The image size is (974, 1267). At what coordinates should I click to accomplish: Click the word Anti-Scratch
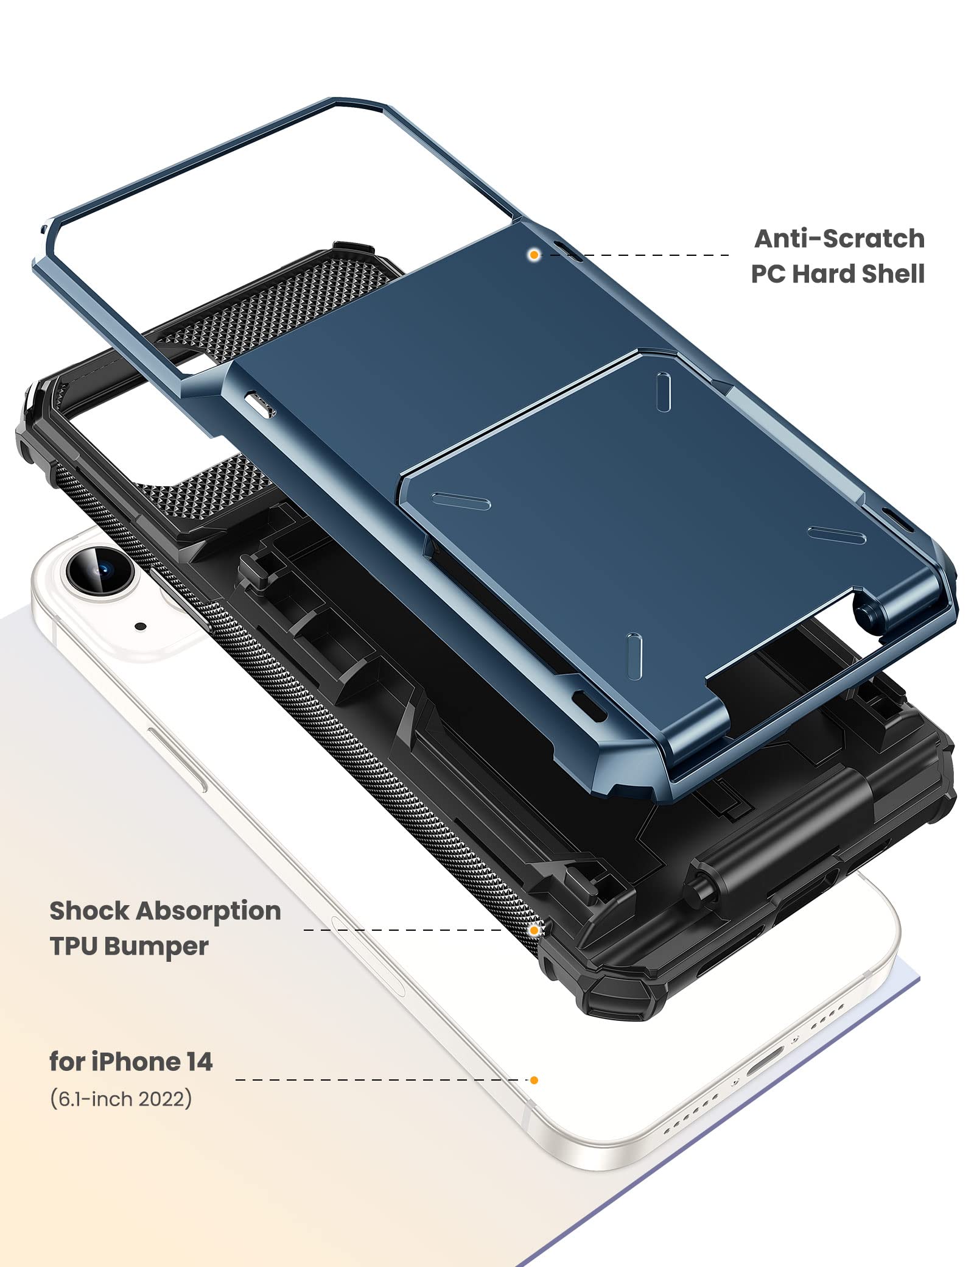tap(839, 239)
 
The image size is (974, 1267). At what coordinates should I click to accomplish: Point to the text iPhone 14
tap(152, 1062)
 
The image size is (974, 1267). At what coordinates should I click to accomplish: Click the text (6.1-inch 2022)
tap(121, 1098)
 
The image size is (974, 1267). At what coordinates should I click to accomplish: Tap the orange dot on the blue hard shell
tap(534, 255)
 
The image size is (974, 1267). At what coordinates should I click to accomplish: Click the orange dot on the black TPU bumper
tap(534, 930)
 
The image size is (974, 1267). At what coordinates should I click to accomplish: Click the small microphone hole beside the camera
tap(141, 626)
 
